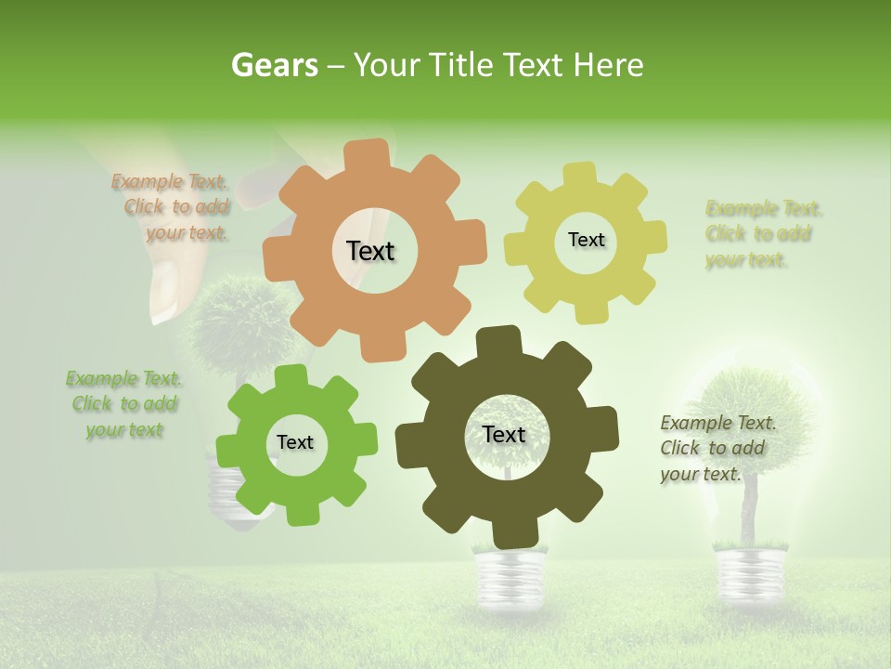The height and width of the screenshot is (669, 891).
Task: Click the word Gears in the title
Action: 274,65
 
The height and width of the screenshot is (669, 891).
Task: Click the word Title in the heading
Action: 461,65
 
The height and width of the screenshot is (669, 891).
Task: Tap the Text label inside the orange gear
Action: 370,251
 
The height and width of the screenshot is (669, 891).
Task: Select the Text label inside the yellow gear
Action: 586,240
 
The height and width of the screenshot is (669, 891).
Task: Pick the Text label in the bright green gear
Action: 295,442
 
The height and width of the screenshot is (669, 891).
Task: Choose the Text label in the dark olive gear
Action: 504,434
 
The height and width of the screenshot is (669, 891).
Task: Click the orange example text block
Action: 172,207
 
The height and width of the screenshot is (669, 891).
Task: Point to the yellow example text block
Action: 763,233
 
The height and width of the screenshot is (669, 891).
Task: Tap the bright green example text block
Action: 123,404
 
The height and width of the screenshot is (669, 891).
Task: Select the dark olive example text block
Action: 717,448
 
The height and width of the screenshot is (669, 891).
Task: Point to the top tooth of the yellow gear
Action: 580,174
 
